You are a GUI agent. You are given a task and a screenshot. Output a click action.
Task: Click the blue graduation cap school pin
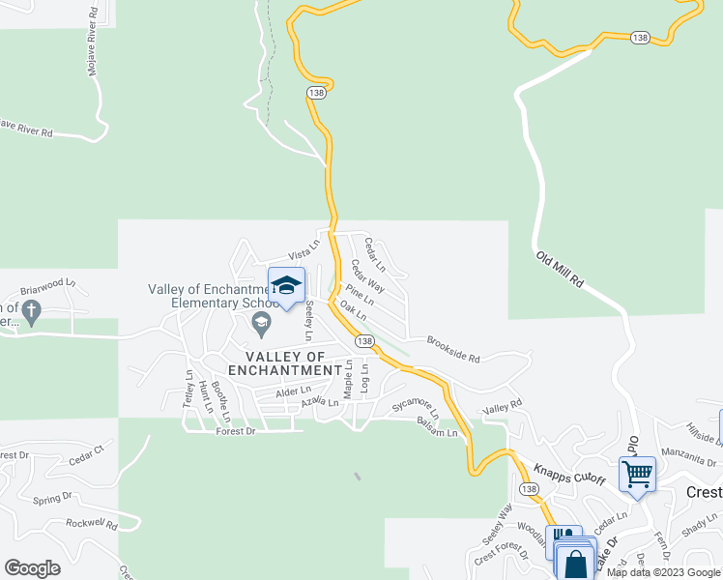coord(286,286)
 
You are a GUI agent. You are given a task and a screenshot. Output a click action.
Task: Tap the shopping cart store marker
coord(637,476)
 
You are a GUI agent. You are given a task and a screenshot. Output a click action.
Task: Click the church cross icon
coord(32,311)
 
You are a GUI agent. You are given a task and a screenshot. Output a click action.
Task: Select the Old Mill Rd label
coord(562,271)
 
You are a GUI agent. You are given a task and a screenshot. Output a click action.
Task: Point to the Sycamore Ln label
coord(416,407)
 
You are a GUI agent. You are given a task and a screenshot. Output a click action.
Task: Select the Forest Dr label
coord(236,432)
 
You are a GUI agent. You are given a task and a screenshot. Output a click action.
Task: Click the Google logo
coord(32,568)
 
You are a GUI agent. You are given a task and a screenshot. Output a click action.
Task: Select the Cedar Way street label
coord(368,275)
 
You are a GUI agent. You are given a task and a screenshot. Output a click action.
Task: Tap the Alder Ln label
coord(293,390)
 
